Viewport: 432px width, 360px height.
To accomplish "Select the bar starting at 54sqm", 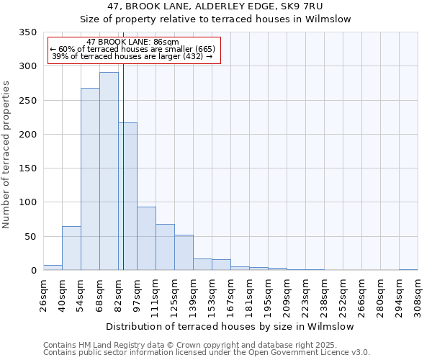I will (90, 179).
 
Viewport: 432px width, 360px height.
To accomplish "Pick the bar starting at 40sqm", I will (71, 248).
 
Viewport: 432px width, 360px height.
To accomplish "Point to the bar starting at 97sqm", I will (146, 238).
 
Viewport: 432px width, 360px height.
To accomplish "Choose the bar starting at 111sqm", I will (165, 247).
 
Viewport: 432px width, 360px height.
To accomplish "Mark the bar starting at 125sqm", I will (184, 252).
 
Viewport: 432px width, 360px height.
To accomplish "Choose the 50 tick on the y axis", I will (30, 237).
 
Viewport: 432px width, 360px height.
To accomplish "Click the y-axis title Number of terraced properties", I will (7, 155).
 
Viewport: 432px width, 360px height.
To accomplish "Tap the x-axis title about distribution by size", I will (230, 326).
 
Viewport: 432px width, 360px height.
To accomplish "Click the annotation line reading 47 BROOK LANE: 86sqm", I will (132, 42).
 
